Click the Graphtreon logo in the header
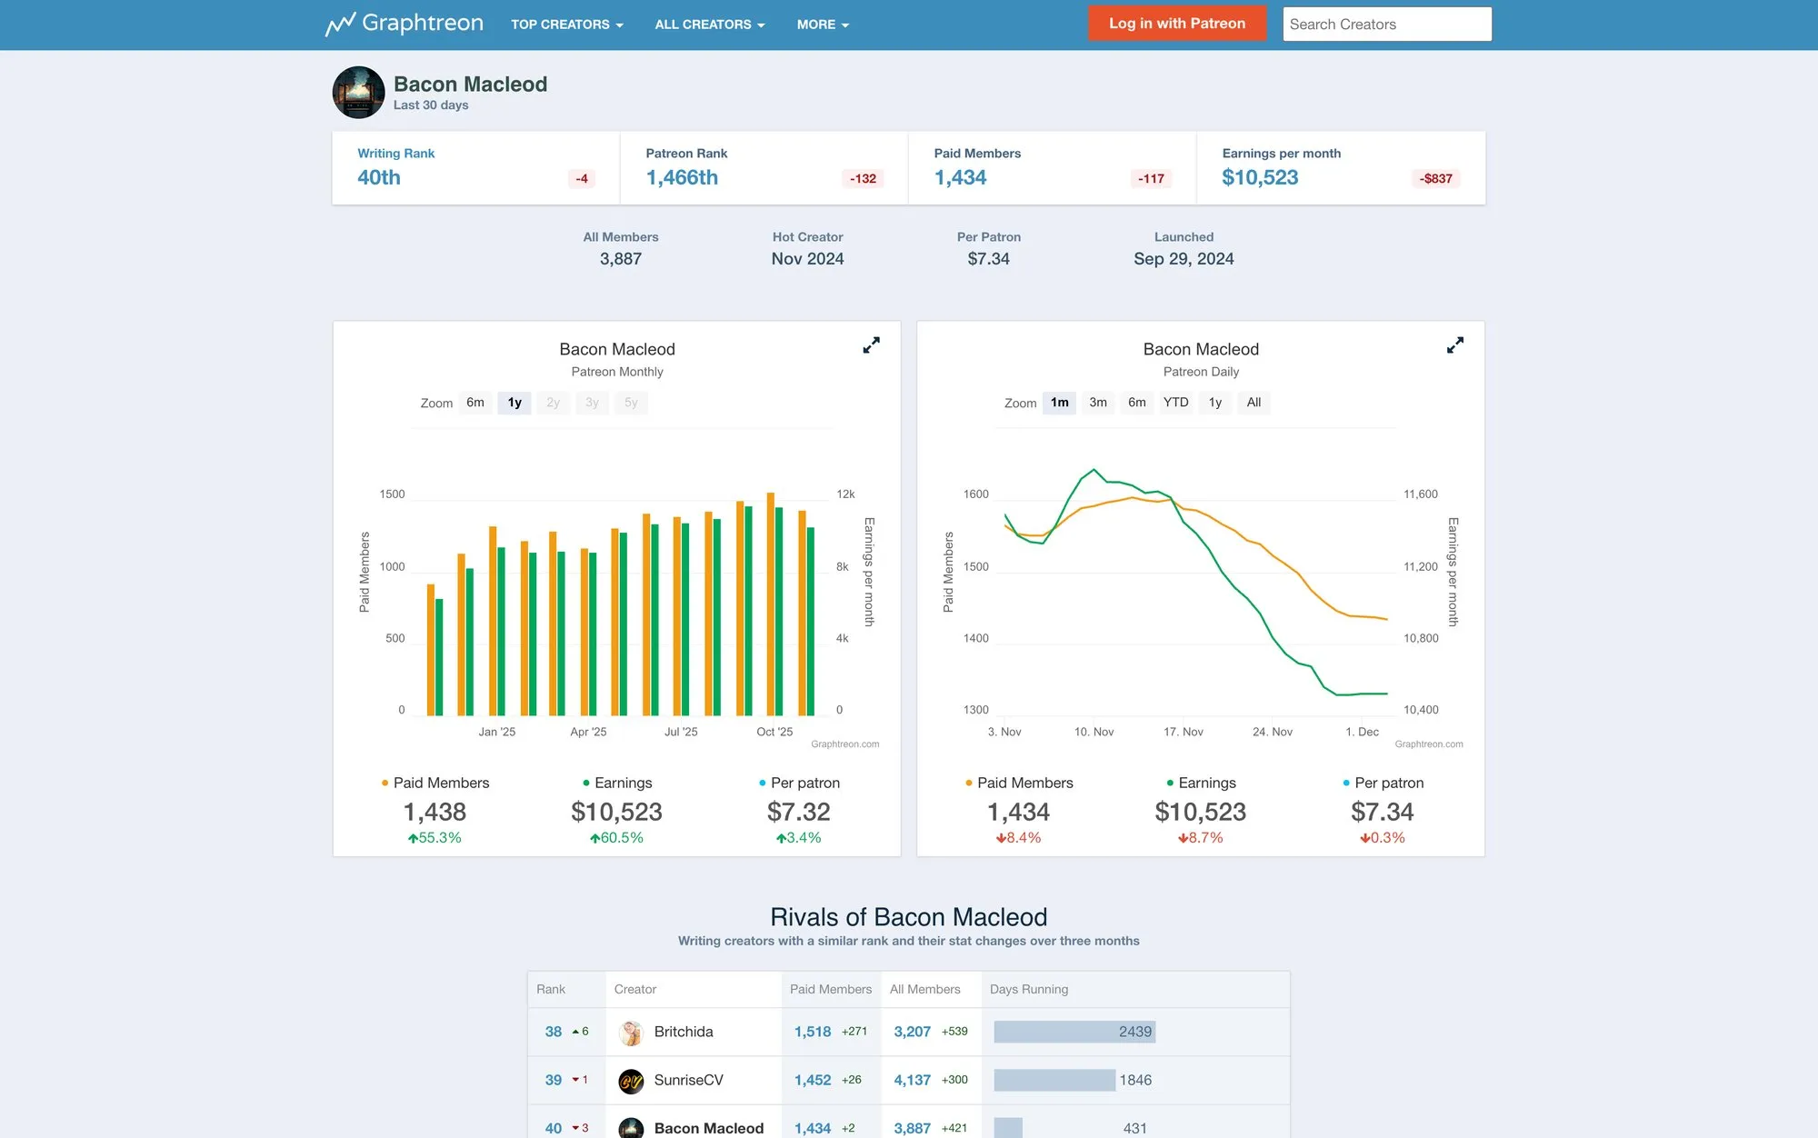click(405, 24)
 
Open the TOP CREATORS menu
click(566, 25)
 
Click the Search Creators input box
click(1386, 25)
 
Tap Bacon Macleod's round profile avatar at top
click(358, 92)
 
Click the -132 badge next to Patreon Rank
click(862, 178)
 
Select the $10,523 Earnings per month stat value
click(1260, 177)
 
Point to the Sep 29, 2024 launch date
click(1184, 259)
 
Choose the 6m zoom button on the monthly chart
click(474, 403)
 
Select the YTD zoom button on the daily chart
click(1175, 403)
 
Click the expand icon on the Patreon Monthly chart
click(871, 345)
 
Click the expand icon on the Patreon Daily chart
click(1454, 345)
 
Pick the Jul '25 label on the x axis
click(681, 732)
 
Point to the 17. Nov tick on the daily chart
click(1183, 732)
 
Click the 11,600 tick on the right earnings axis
click(1420, 494)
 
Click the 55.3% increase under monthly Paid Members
click(435, 838)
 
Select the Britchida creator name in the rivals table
click(683, 1032)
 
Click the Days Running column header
click(1028, 989)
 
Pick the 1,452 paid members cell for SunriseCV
click(813, 1080)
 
